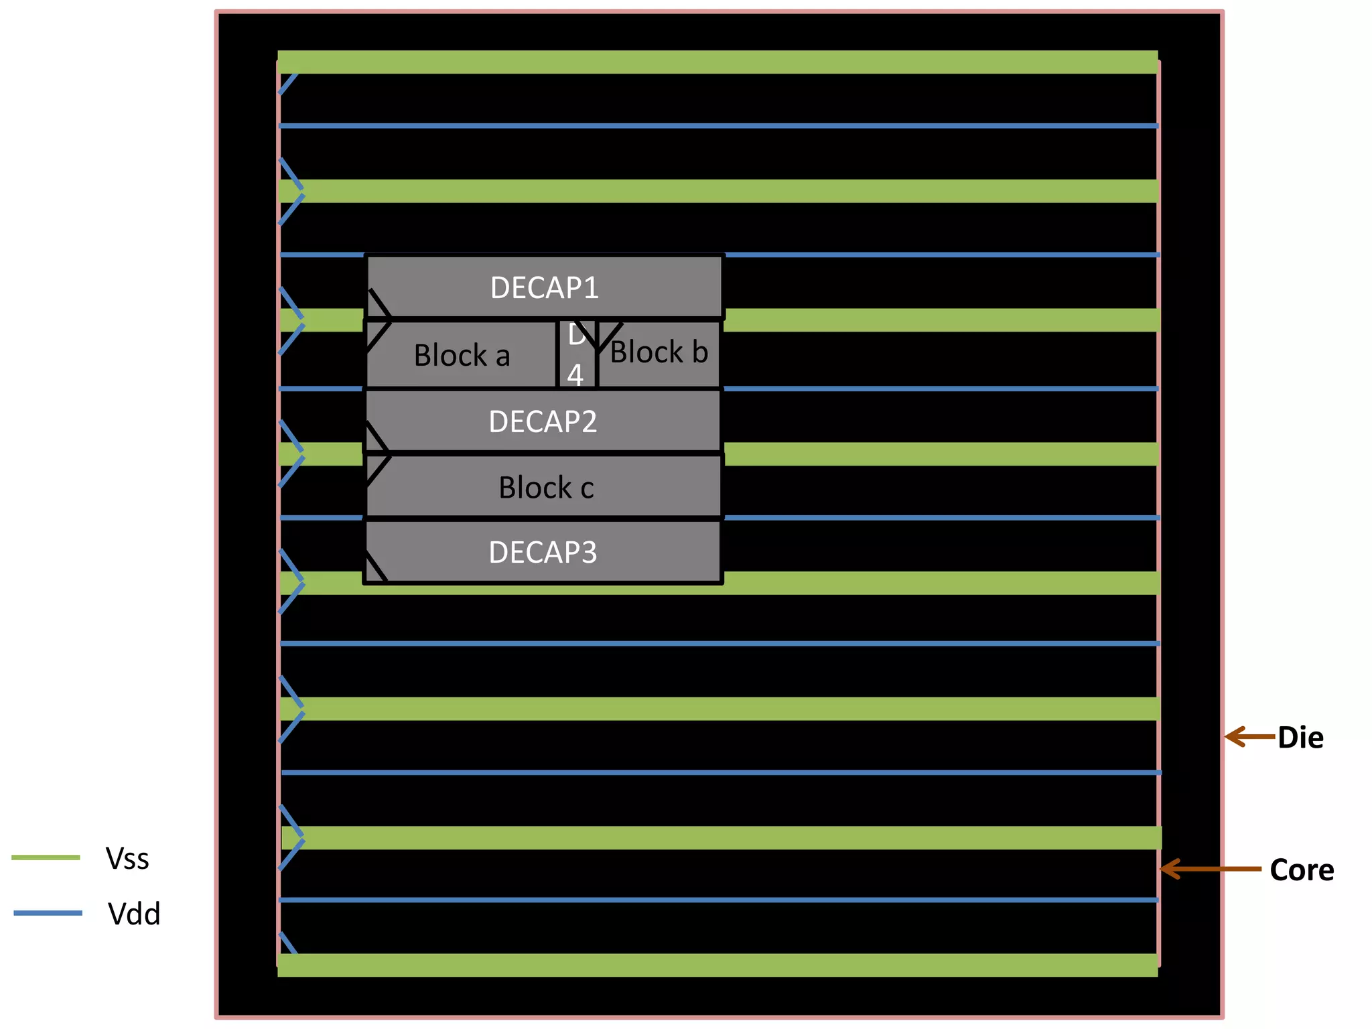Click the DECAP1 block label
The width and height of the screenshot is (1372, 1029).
544,288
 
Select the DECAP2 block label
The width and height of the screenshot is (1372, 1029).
543,422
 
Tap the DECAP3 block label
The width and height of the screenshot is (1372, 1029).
543,553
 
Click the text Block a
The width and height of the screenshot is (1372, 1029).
462,356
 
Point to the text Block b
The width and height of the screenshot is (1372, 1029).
659,352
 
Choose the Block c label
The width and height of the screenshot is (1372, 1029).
546,488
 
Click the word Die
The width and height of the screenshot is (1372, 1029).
1300,738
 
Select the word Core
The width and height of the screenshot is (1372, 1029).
1302,870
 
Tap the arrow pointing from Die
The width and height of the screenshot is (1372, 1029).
1249,737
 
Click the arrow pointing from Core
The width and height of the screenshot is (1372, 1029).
1210,869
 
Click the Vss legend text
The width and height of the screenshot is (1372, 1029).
127,859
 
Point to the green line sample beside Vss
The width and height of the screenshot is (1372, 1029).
46,857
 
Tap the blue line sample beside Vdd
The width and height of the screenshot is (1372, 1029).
48,913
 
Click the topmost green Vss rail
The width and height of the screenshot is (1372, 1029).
717,62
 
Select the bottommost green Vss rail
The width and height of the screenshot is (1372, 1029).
717,965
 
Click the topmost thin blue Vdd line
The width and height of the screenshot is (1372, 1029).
717,126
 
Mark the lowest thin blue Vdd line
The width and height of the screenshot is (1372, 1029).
717,900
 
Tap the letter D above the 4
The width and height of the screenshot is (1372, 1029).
576,335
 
